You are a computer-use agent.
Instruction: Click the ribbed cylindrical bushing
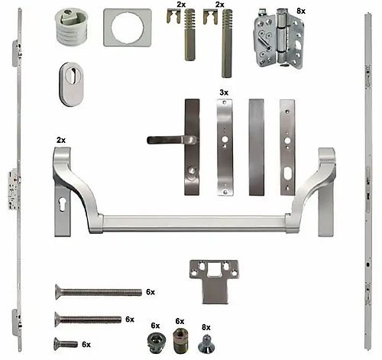[x=72, y=31]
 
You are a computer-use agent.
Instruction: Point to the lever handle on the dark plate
[x=170, y=140]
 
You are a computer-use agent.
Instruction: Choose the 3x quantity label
[x=224, y=92]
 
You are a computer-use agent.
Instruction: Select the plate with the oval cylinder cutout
[x=287, y=145]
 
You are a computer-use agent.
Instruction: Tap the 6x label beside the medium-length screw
[x=129, y=319]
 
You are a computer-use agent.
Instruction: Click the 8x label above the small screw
[x=206, y=326]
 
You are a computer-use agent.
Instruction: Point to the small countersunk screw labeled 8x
[x=206, y=346]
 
